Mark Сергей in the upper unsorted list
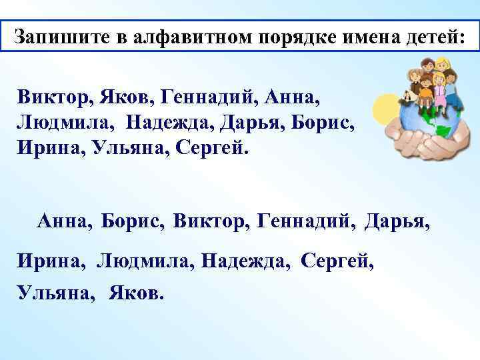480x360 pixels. coord(211,146)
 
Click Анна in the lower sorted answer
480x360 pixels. coord(66,221)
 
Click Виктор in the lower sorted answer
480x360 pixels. coord(209,221)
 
